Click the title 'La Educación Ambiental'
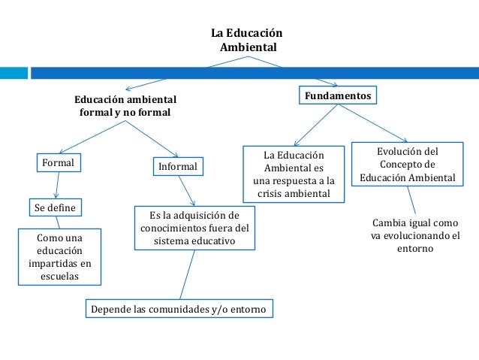247,41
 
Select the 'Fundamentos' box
337,97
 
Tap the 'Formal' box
59,162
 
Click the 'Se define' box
55,206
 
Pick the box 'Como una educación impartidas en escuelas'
59,257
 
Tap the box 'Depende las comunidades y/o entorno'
178,309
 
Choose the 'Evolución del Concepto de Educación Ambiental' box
407,165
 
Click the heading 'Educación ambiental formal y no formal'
125,106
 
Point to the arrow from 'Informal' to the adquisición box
189,190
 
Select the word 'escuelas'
59,277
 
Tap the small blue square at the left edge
5,74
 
